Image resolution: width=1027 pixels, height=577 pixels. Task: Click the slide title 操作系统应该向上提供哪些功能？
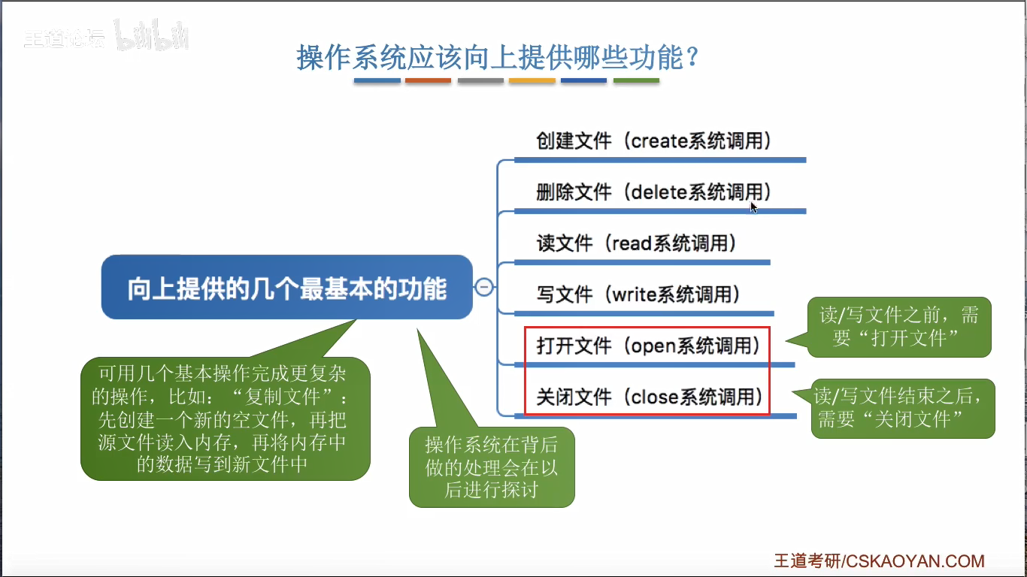tap(498, 57)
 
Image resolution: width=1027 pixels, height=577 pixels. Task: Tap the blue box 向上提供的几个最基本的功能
tap(287, 288)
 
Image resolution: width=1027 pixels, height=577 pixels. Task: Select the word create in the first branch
tap(659, 140)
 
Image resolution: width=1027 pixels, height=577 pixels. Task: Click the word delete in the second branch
tap(659, 192)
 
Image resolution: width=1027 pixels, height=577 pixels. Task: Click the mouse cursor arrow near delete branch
tap(753, 207)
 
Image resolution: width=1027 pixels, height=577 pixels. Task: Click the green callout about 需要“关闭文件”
tap(903, 408)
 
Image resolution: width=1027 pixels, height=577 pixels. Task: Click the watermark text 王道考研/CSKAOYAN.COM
tap(879, 561)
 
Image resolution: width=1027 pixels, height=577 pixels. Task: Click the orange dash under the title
tap(428, 80)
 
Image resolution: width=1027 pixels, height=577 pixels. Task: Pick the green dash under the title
tap(636, 80)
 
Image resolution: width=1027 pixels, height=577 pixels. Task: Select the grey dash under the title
tap(480, 80)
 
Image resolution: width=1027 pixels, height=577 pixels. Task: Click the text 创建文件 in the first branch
tap(574, 140)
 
